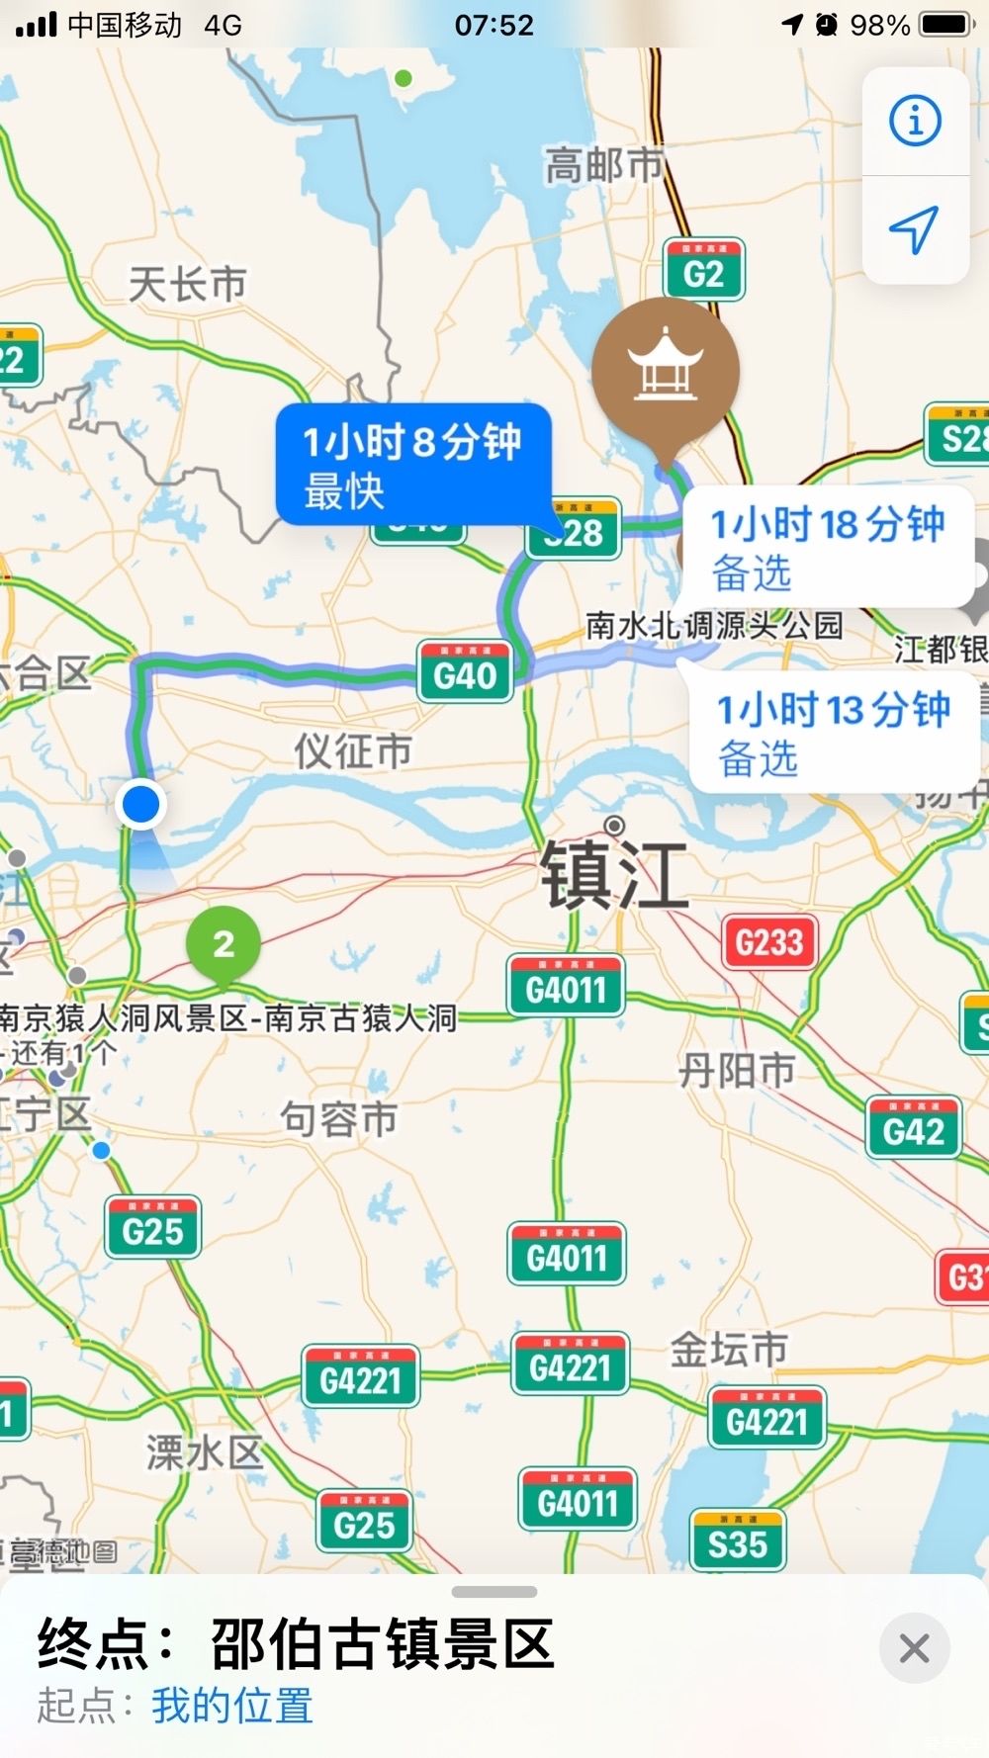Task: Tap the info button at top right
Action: point(915,122)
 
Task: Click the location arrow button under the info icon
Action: point(915,229)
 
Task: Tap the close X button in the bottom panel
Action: point(914,1648)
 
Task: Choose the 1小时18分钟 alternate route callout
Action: point(827,547)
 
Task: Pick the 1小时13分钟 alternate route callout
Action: point(833,733)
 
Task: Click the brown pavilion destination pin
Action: point(666,370)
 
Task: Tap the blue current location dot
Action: point(140,803)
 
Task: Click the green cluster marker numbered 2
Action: point(224,944)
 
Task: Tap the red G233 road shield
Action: point(769,941)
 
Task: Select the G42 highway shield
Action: point(913,1128)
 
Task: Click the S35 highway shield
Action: point(738,1541)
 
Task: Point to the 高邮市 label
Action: point(603,165)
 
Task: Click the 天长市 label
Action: point(187,285)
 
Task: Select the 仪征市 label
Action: point(353,751)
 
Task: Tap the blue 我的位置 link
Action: point(231,1706)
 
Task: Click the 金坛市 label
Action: point(729,1349)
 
